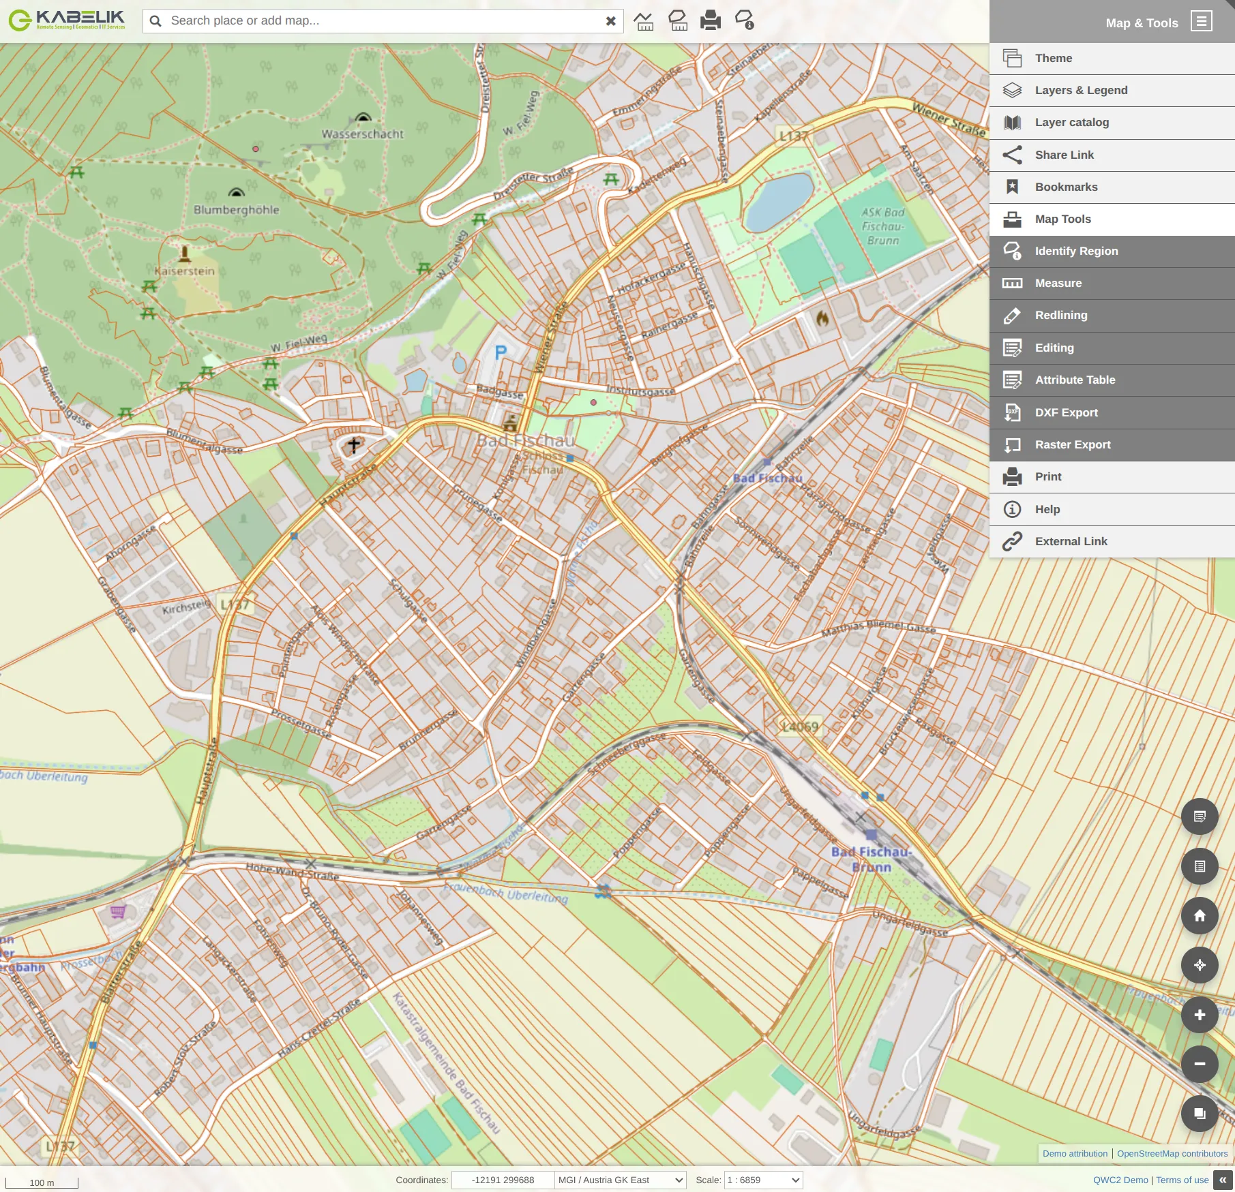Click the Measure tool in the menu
[1058, 283]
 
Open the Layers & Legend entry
[1081, 90]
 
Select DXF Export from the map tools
[1066, 412]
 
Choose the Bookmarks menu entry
[1066, 187]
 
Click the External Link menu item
[1071, 541]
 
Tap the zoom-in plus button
[1200, 1015]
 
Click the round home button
[1200, 915]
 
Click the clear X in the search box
[610, 21]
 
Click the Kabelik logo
[67, 20]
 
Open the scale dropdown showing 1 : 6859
[763, 1180]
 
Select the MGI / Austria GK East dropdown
[620, 1180]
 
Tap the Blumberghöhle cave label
[236, 210]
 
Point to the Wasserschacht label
[362, 134]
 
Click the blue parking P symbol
[501, 352]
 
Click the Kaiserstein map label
[184, 271]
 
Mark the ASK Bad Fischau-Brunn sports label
[882, 226]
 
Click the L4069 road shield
[800, 727]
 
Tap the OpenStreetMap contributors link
[1172, 1153]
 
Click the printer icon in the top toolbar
[710, 20]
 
